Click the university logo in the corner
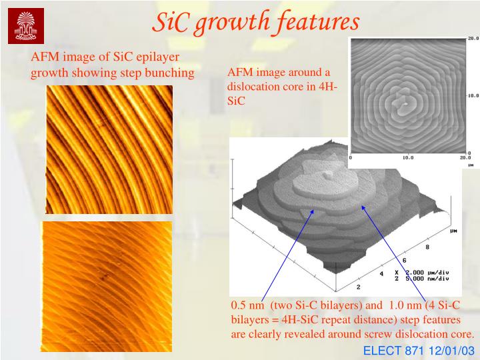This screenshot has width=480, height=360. pyautogui.click(x=25, y=25)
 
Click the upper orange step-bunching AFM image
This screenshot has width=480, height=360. pyautogui.click(x=109, y=149)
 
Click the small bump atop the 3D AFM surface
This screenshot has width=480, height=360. pyautogui.click(x=327, y=175)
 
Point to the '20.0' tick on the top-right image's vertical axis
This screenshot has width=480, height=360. pyautogui.click(x=472, y=39)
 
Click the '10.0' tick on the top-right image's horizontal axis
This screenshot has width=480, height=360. pyautogui.click(x=408, y=158)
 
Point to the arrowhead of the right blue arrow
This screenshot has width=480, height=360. pyautogui.click(x=364, y=207)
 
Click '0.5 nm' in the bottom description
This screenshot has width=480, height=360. pyautogui.click(x=246, y=305)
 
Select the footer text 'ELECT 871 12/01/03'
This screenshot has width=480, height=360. pyautogui.click(x=419, y=350)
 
